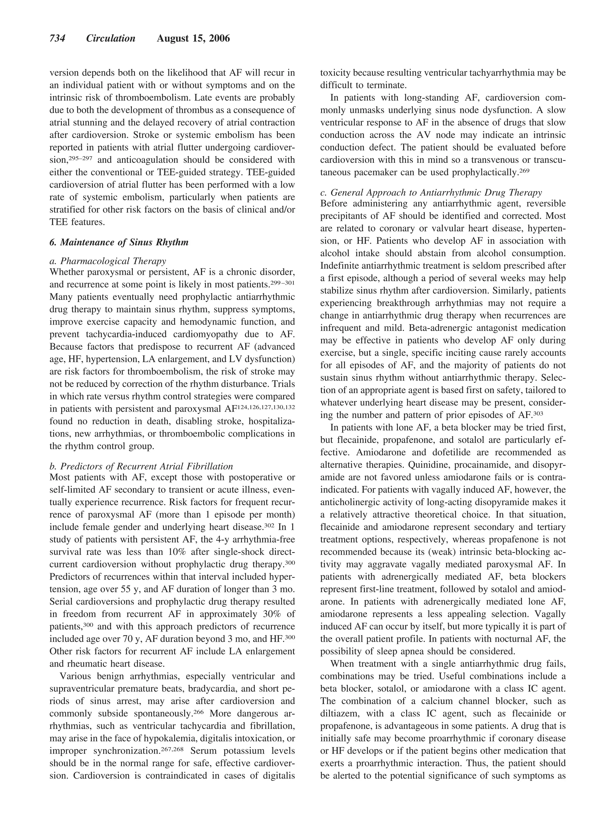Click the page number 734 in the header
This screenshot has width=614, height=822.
pos(58,38)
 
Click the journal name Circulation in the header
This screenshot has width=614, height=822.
pos(111,38)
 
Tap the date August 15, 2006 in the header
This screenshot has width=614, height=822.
pos(193,38)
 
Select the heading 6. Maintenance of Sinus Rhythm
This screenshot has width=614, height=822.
pos(119,242)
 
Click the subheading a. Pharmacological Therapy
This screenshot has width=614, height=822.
pos(108,261)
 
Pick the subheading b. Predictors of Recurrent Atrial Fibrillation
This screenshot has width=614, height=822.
pos(141,466)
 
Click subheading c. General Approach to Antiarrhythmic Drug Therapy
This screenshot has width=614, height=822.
pos(431,192)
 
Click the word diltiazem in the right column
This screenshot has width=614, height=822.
pos(339,713)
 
